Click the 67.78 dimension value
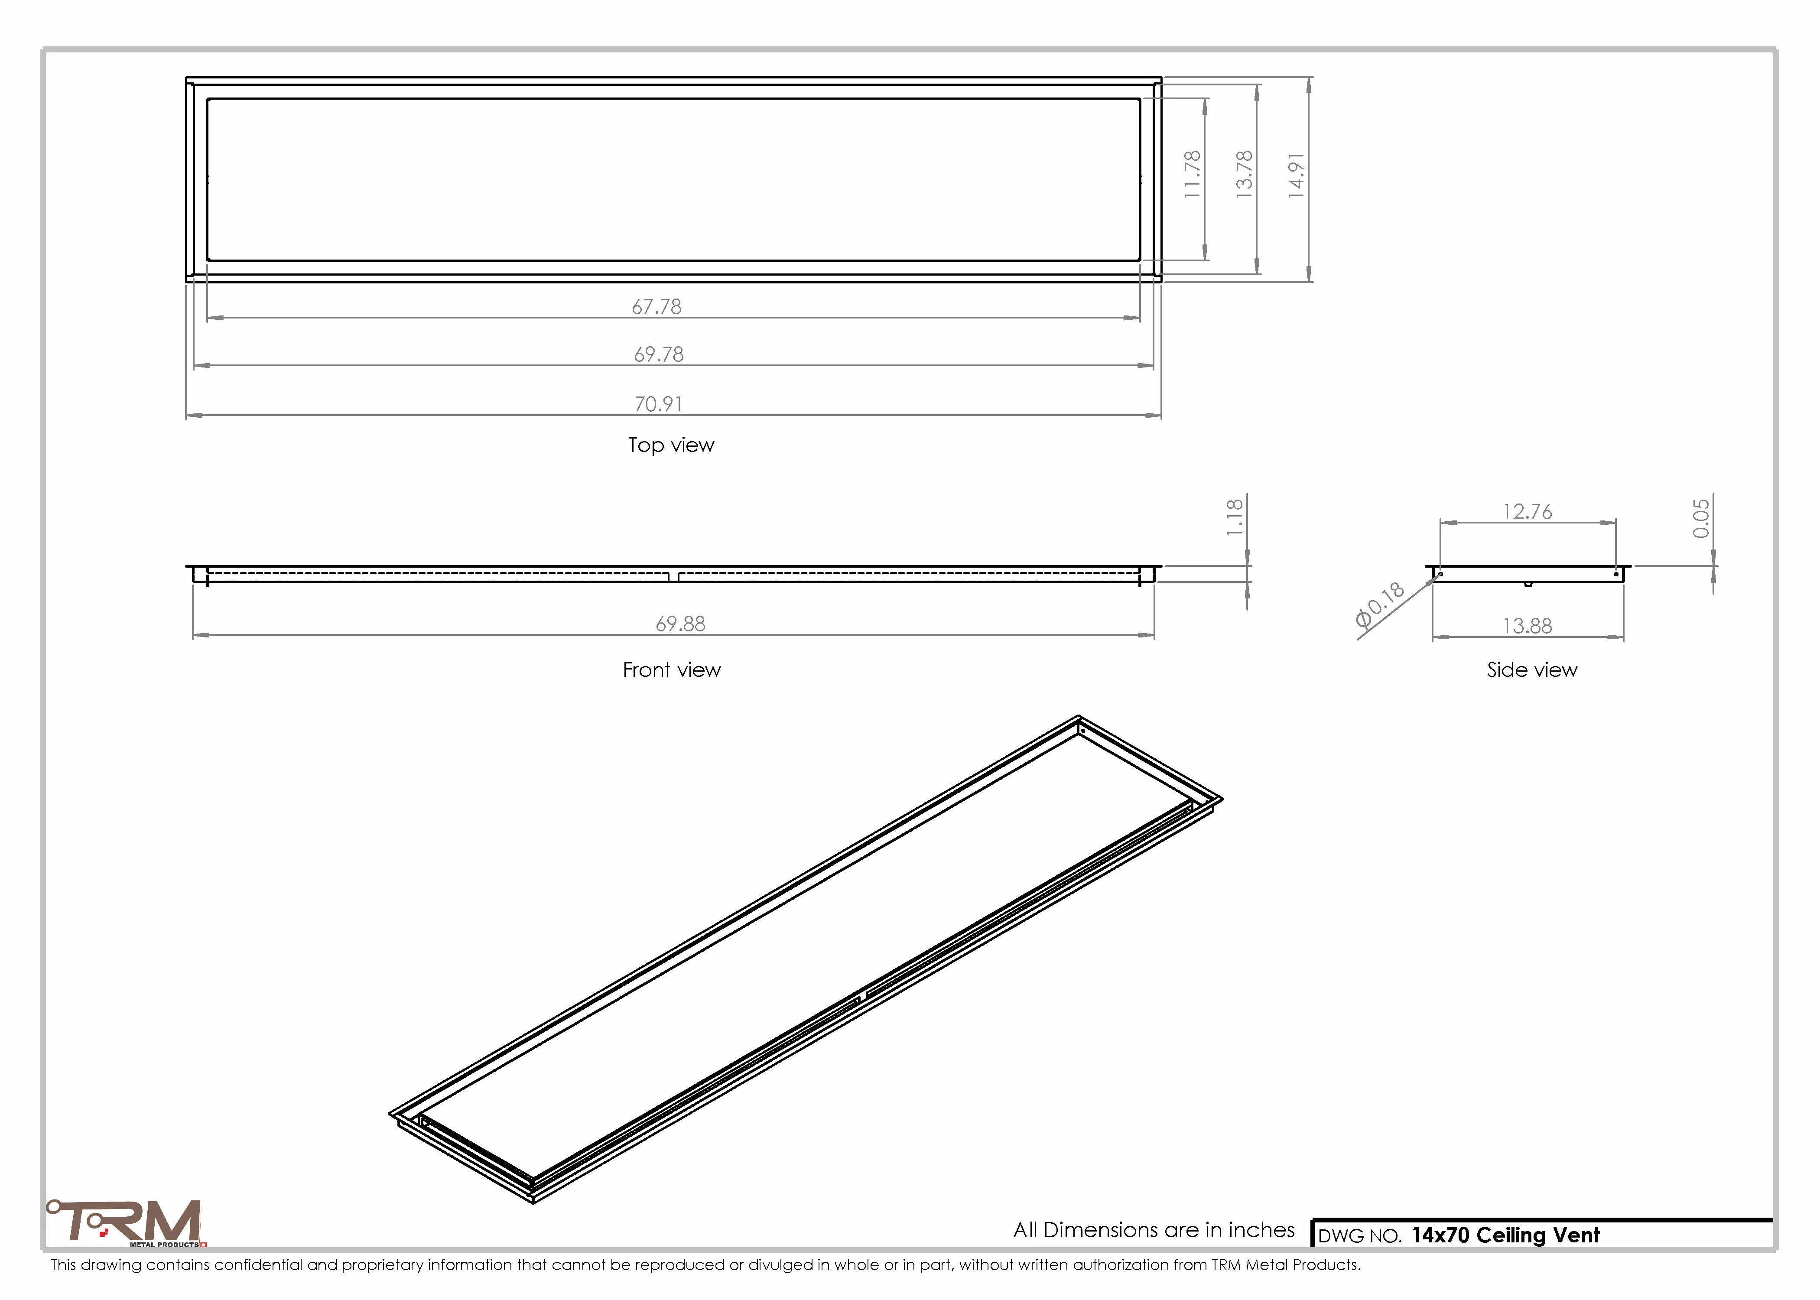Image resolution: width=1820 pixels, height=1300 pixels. [x=656, y=307]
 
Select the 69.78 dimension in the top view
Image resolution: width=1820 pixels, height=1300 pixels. [x=659, y=354]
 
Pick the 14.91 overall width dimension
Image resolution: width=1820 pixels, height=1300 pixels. [x=1296, y=175]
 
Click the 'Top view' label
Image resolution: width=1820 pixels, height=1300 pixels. [x=671, y=445]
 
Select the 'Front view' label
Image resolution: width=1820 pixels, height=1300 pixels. [x=672, y=670]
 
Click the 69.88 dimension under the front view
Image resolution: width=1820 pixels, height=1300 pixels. [x=680, y=624]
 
